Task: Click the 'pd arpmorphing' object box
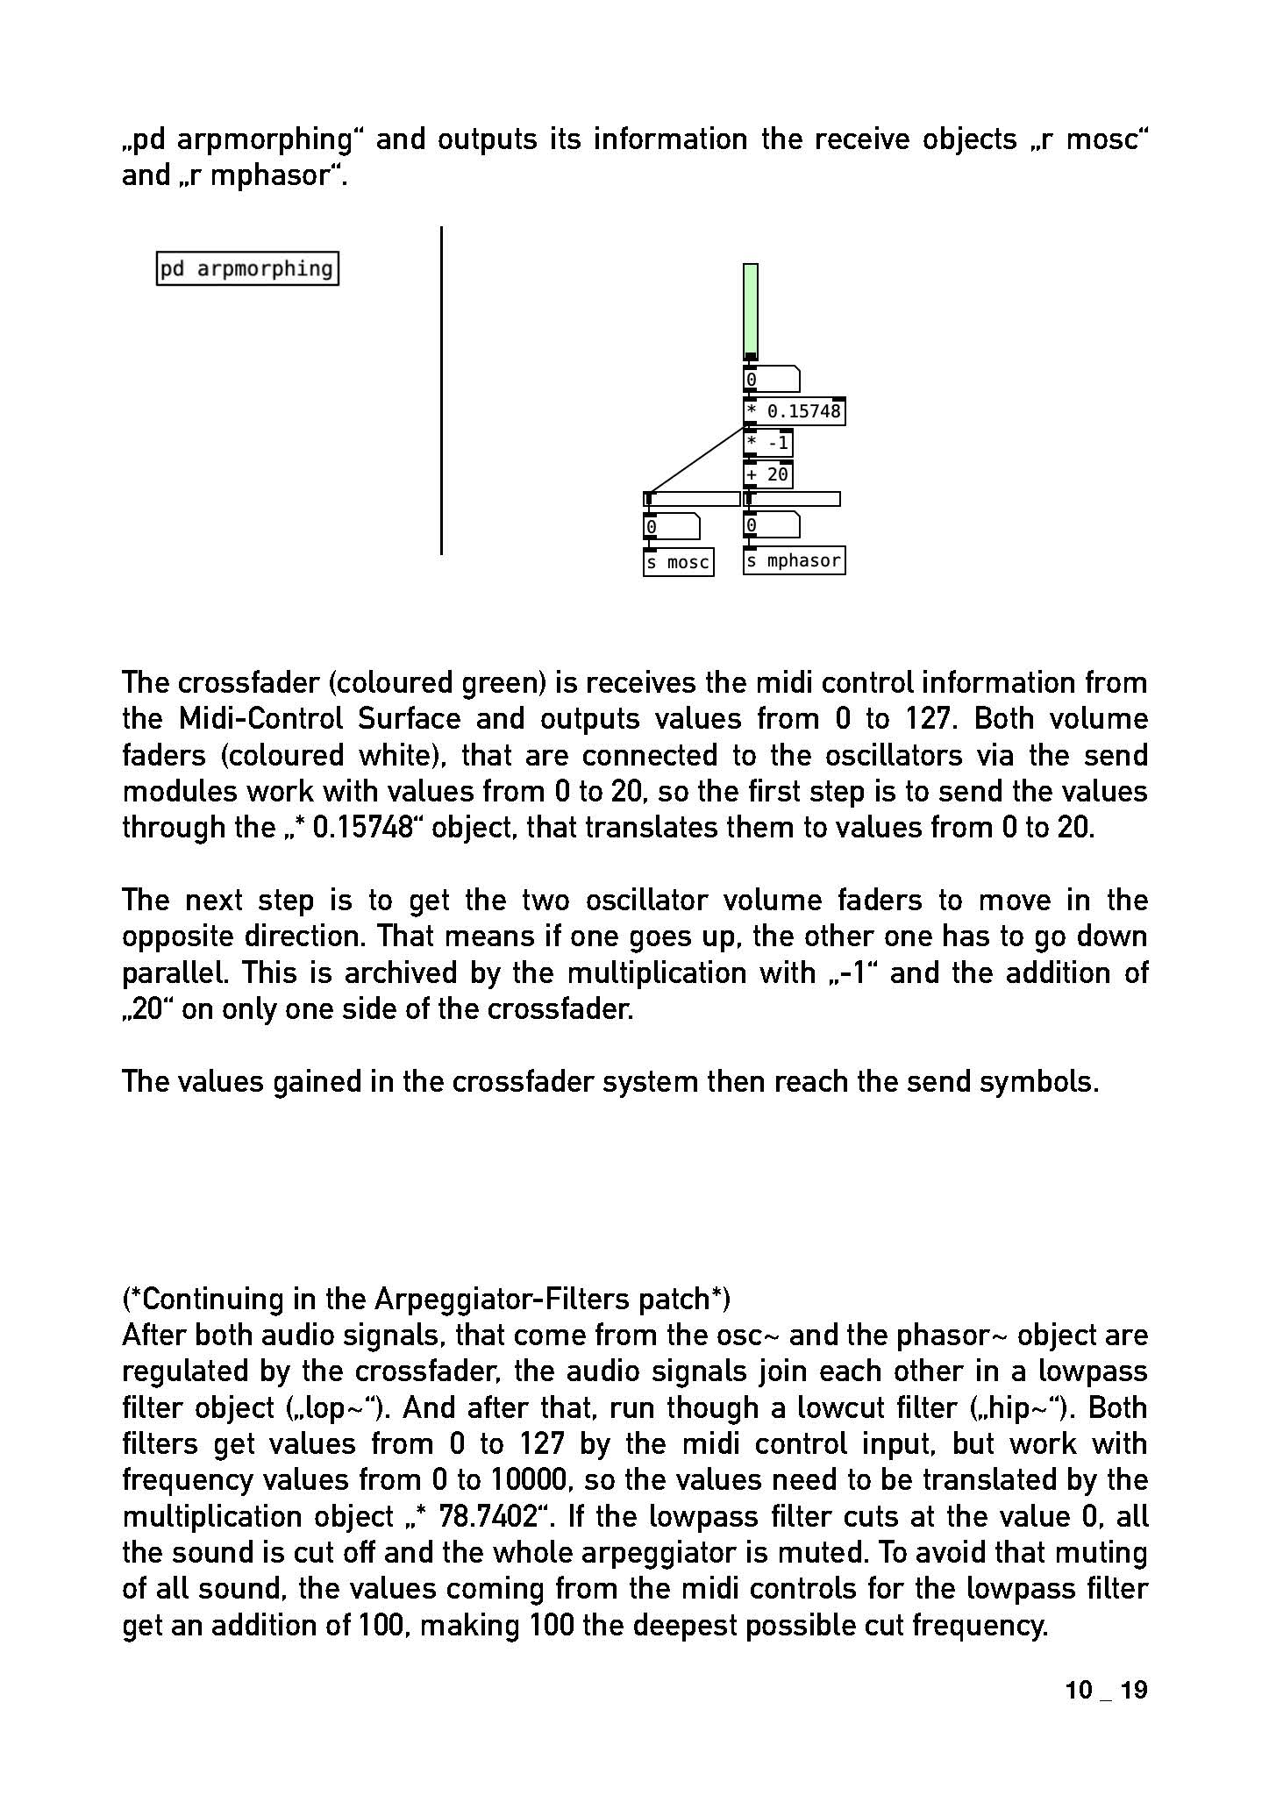point(247,268)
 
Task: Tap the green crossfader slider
point(750,310)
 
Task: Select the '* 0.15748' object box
point(794,411)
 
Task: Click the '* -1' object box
point(767,443)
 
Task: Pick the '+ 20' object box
point(767,474)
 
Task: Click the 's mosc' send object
point(678,562)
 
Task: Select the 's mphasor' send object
point(794,560)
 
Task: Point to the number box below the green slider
point(770,380)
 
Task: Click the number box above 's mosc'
point(671,526)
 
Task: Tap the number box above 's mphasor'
point(770,525)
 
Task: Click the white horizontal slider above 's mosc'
point(692,499)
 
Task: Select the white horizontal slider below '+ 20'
point(793,499)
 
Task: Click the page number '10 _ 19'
point(1106,1691)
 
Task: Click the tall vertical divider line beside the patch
point(441,390)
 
